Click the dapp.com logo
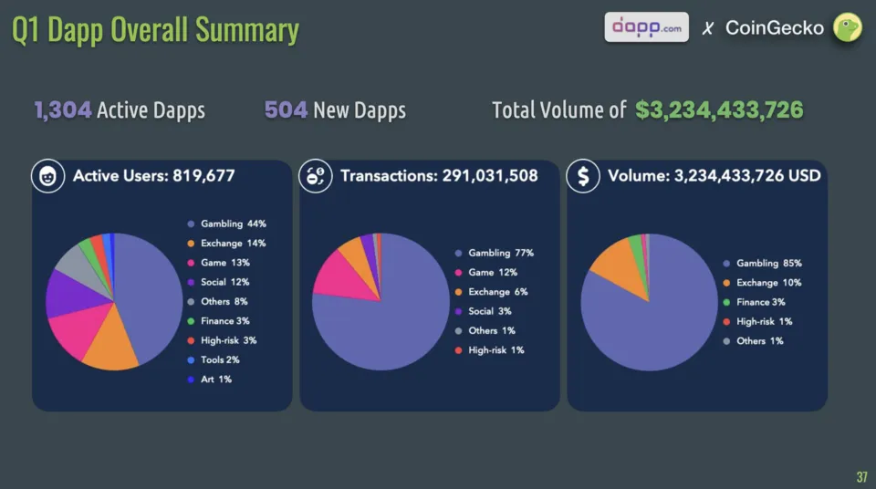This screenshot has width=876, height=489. pyautogui.click(x=646, y=26)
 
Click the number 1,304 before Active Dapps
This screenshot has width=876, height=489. pyautogui.click(x=63, y=110)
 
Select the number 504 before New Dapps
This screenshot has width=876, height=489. pyautogui.click(x=285, y=110)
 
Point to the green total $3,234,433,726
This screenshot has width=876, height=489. pyautogui.click(x=719, y=110)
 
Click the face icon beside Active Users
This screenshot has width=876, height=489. pyautogui.click(x=46, y=176)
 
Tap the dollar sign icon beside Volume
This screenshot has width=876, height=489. pyautogui.click(x=582, y=176)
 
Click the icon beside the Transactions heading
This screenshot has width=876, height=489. pyautogui.click(x=315, y=176)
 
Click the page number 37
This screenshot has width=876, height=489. pyautogui.click(x=861, y=476)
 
